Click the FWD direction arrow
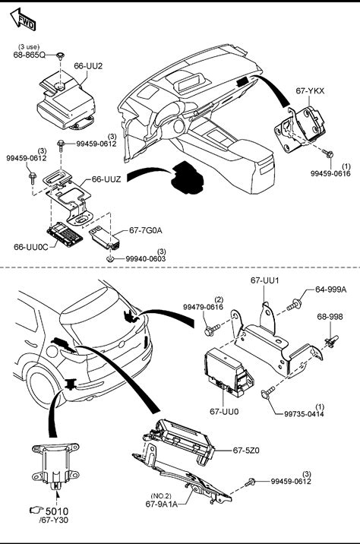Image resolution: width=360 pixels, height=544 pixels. point(24,19)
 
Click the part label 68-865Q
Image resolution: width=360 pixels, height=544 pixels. point(29,55)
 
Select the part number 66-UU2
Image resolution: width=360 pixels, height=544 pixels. point(88,66)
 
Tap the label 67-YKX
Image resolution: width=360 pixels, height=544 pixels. point(310,91)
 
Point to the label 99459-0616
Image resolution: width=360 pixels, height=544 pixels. point(330,173)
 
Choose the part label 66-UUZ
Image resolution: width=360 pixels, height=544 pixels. point(106,179)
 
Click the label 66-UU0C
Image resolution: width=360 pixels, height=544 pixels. point(31,247)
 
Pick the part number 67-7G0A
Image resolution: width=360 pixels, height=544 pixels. point(145,230)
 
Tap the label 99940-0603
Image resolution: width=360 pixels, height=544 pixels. point(146,259)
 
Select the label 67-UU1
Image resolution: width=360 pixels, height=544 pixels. point(264,280)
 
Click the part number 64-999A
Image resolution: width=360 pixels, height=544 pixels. point(330,289)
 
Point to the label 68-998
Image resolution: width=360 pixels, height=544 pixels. point(330,316)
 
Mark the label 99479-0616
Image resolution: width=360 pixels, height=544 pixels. point(204,307)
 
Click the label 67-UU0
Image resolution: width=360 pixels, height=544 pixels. point(224,412)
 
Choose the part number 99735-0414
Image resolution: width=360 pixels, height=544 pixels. point(304,414)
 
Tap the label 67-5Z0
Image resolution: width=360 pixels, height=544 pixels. point(246,451)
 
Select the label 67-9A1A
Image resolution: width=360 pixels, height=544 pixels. point(161,504)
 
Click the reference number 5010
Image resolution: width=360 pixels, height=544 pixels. point(57,511)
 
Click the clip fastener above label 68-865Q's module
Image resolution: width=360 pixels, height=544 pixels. point(61,56)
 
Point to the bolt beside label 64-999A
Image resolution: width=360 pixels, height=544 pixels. point(294,305)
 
